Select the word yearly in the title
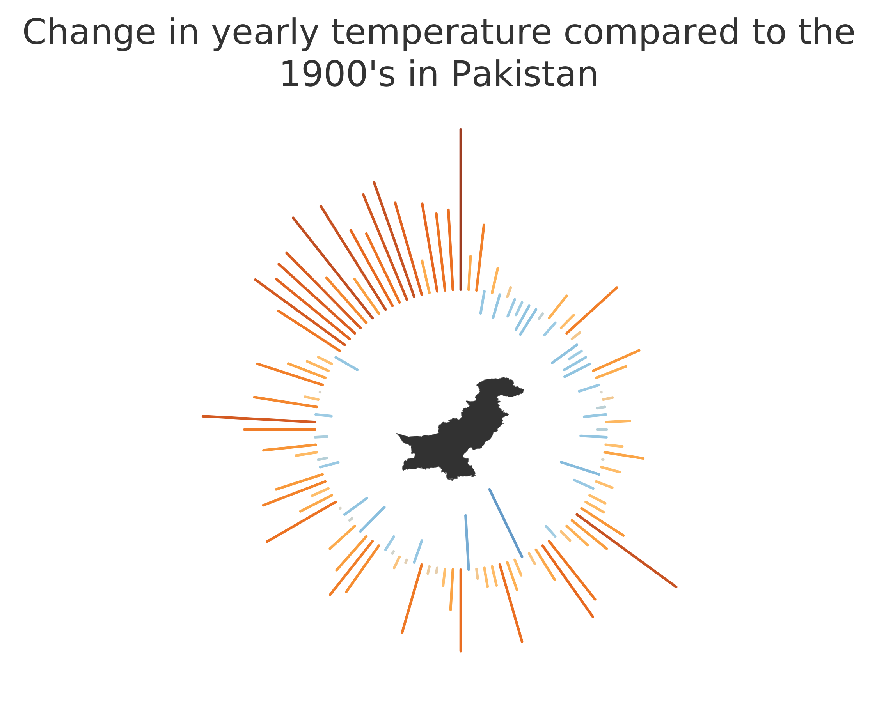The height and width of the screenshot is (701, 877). [x=265, y=34]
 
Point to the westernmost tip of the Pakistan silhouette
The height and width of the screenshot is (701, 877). [x=397, y=434]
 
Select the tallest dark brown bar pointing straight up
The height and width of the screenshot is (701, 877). [x=460, y=210]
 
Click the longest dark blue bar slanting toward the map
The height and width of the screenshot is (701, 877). [x=506, y=523]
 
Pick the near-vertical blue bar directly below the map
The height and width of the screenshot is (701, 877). [x=467, y=543]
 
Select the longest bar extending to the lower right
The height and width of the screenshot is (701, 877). [x=627, y=551]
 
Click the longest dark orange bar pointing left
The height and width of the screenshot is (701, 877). [x=259, y=419]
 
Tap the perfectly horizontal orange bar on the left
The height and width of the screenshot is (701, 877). [x=280, y=429]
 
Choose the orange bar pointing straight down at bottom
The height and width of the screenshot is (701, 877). [x=460, y=610]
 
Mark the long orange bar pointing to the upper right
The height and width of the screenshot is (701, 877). [x=592, y=311]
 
